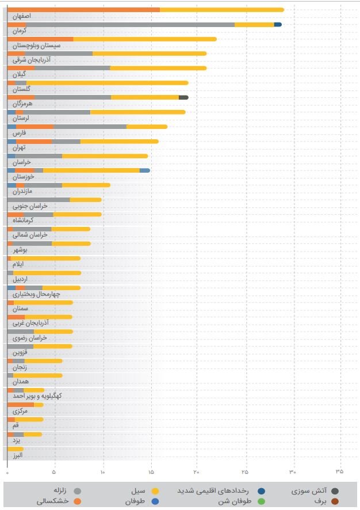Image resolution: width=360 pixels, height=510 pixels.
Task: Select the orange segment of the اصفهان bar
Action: (x=83, y=10)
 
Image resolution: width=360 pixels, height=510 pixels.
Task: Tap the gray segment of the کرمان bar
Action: (x=121, y=24)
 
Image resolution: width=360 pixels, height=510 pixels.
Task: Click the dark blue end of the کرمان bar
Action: (x=278, y=24)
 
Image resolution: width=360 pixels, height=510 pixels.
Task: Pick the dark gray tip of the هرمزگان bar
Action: (x=183, y=97)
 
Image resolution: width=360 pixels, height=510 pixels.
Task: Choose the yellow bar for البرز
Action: (x=16, y=448)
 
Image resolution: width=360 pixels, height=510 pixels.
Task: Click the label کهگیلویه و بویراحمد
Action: (x=39, y=396)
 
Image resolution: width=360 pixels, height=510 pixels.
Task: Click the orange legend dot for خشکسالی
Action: (x=77, y=501)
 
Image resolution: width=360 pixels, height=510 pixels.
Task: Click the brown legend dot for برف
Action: (x=335, y=501)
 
